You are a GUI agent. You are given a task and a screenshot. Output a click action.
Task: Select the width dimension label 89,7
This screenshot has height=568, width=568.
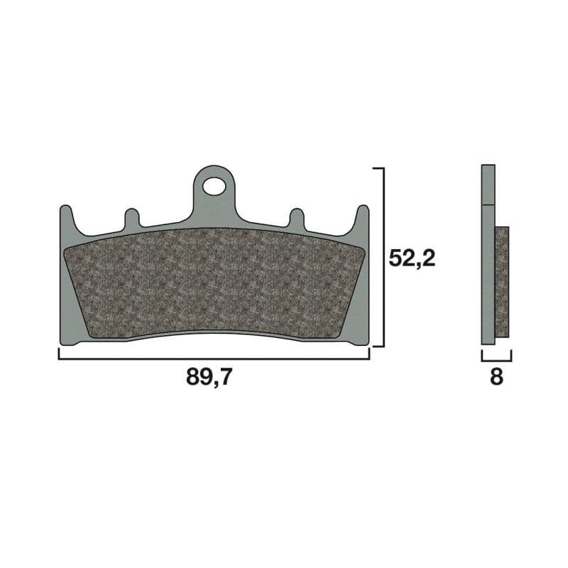point(209,378)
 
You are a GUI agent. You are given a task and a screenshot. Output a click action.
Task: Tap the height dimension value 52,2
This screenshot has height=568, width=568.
point(412,258)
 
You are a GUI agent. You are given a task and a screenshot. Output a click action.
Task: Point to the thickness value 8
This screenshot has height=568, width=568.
point(496,378)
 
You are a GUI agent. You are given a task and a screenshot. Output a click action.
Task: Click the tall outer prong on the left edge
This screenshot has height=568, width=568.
point(66,217)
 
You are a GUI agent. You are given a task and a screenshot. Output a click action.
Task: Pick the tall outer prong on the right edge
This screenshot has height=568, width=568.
point(361,217)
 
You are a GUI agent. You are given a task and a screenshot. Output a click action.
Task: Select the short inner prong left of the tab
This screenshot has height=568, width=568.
point(131,219)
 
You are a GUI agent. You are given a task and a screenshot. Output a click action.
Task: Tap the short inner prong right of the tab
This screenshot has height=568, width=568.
point(295,219)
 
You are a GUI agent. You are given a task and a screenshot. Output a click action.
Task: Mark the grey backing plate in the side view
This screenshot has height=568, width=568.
point(488,270)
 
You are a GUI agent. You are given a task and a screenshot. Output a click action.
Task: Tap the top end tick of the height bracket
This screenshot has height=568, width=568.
point(378,169)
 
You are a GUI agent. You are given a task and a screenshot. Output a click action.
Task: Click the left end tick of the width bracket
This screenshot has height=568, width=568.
point(59,354)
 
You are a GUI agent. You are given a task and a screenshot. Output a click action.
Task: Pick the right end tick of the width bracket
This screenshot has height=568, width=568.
point(369,354)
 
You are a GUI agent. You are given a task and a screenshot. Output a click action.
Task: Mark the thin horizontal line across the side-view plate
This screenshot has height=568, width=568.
point(488,205)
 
